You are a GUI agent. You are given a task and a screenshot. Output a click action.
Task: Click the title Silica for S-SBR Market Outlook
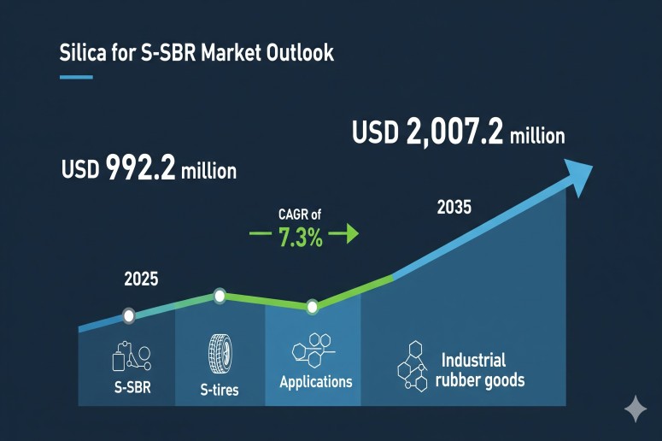(x=196, y=53)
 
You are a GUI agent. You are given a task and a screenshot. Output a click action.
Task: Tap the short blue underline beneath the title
(x=75, y=77)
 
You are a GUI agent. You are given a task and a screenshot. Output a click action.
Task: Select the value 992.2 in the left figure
(x=142, y=168)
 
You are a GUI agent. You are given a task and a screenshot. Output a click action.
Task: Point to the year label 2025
(x=141, y=279)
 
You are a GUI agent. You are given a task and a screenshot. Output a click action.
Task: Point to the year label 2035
(x=454, y=208)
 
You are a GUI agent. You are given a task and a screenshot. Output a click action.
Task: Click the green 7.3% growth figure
(x=301, y=239)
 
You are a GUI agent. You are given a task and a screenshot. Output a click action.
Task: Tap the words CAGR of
(x=300, y=215)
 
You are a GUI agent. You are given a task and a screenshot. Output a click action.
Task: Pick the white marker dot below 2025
(x=129, y=315)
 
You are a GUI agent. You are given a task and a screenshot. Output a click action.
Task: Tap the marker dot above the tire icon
(x=220, y=297)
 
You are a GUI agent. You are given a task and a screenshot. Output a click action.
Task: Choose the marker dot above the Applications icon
(x=313, y=306)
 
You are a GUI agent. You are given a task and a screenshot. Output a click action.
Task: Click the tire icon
(x=220, y=351)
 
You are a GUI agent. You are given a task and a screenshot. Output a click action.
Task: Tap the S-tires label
(x=220, y=390)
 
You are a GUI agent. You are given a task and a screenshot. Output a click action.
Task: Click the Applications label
(x=315, y=381)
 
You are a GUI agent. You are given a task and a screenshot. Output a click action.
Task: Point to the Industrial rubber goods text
(x=480, y=370)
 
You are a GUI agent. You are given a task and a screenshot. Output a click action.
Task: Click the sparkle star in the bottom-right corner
(x=636, y=409)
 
